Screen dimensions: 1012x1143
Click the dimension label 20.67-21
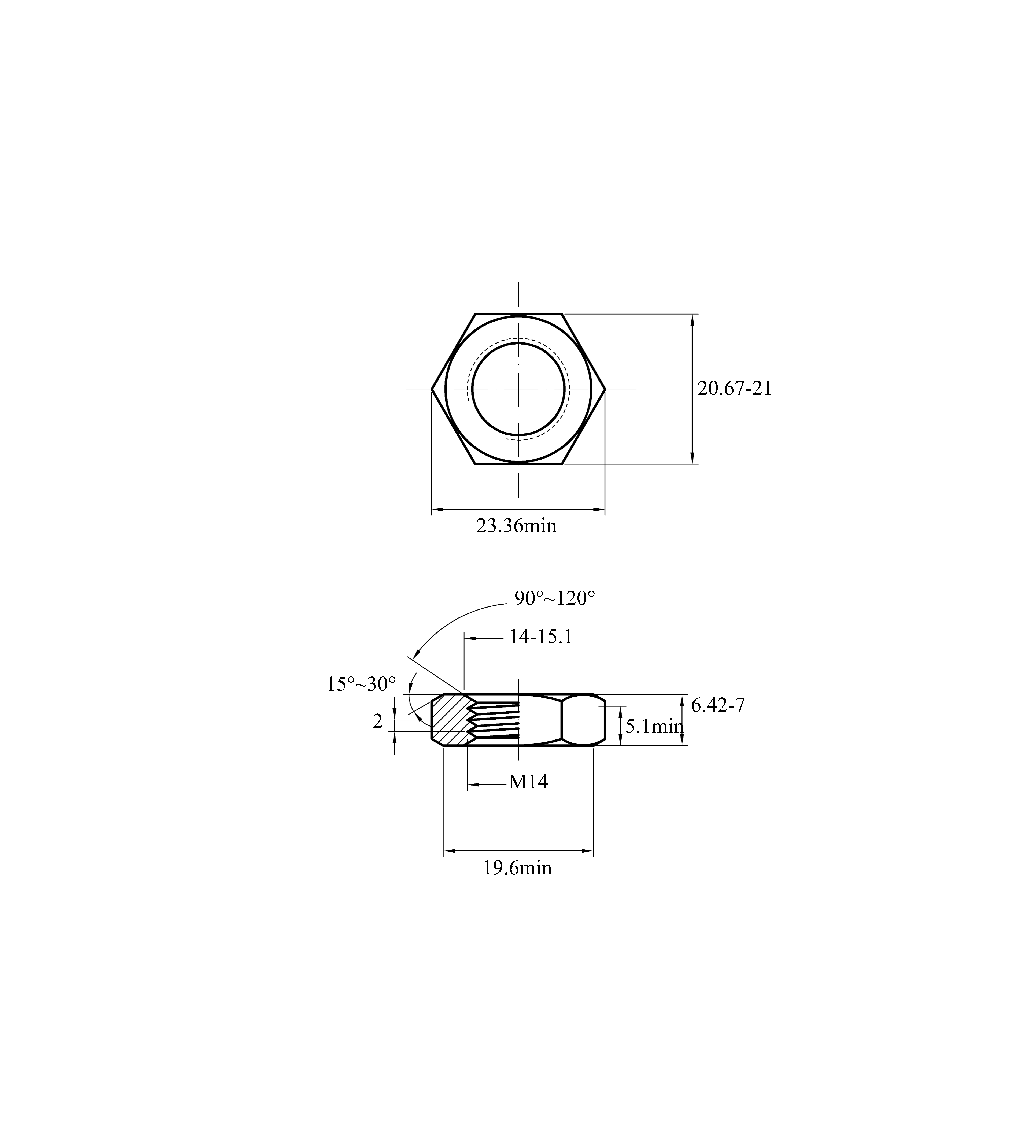click(734, 388)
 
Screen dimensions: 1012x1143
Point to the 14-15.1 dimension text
click(540, 637)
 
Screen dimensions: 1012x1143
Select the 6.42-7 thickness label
click(718, 706)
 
